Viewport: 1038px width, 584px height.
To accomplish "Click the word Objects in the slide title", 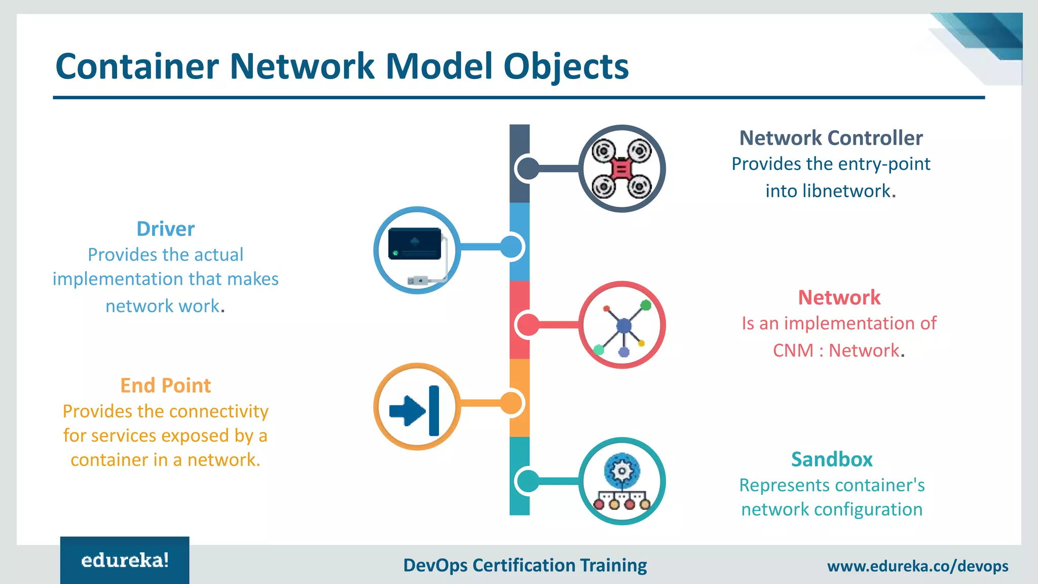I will [566, 67].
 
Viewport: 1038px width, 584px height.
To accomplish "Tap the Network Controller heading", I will [831, 138].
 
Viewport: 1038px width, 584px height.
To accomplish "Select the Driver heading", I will [165, 229].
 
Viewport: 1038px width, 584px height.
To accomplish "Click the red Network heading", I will [839, 298].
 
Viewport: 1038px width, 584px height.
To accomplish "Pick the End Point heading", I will [165, 386].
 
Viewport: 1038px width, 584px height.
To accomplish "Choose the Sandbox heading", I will [832, 459].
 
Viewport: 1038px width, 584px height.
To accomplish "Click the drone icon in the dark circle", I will [622, 168].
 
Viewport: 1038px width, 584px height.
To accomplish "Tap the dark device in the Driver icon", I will [415, 244].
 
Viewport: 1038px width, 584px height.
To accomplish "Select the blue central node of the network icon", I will [623, 325].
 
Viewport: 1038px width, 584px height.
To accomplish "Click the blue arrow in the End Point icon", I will [406, 410].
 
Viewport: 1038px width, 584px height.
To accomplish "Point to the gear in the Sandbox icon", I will [622, 471].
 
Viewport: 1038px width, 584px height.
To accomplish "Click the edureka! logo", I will [125, 560].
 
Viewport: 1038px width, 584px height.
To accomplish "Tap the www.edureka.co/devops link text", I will [917, 566].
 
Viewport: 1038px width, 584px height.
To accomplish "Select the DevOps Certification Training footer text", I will [525, 565].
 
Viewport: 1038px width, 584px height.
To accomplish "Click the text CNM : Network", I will [836, 350].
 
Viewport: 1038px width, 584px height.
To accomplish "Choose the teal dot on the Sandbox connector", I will [529, 481].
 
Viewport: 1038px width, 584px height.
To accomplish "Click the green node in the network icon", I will [646, 305].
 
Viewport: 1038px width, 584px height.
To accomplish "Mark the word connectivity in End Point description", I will [217, 411].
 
